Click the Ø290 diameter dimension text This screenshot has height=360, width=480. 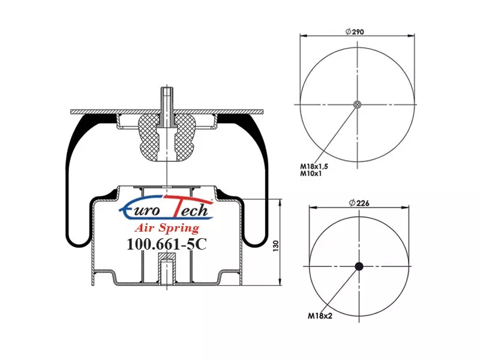click(x=355, y=32)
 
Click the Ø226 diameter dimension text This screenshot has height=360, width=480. click(x=359, y=203)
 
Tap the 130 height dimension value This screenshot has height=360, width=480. click(x=276, y=246)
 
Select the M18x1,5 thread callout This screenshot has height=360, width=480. click(x=314, y=167)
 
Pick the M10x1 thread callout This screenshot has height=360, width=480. click(x=310, y=173)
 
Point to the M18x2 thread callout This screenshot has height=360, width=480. click(x=320, y=316)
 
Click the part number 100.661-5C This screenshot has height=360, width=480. click(x=167, y=244)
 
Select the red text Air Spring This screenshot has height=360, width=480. click(x=167, y=228)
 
